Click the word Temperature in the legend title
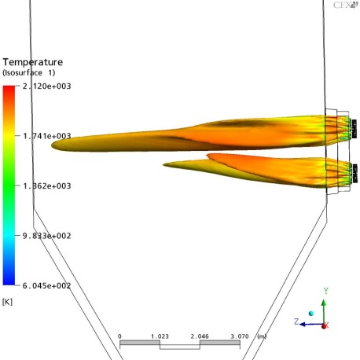click(33, 62)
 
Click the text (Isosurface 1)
click(29, 72)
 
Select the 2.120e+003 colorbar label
click(46, 86)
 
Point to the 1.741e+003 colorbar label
click(46, 136)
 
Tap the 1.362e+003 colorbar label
click(46, 186)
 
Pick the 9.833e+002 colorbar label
click(46, 236)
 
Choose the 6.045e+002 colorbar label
click(46, 285)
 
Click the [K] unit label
click(7, 302)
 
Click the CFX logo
click(345, 5)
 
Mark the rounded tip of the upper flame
click(52, 145)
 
